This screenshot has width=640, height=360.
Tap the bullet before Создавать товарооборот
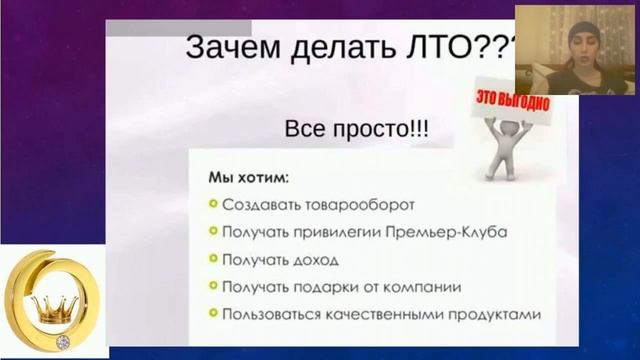[213, 206]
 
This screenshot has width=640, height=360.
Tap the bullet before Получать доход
[213, 260]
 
